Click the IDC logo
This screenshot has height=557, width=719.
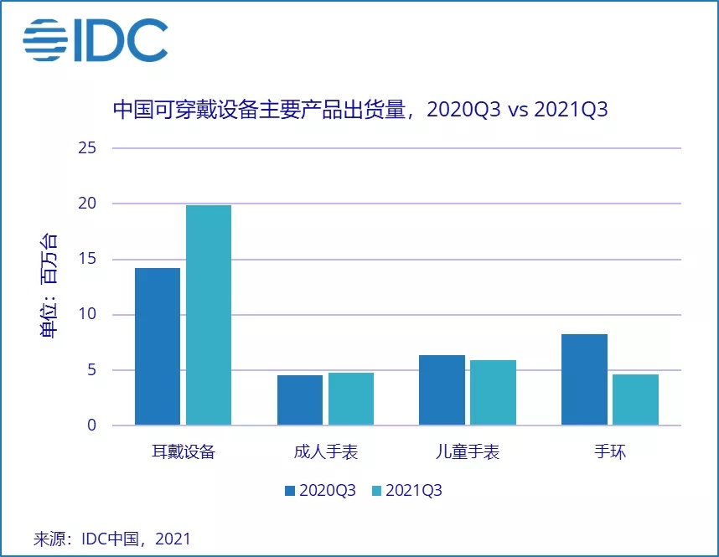(95, 39)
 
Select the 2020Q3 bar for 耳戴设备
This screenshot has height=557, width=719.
(158, 346)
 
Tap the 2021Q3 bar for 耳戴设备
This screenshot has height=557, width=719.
(209, 315)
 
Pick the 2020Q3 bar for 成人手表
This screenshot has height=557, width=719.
(300, 400)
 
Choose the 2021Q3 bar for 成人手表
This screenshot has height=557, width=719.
(351, 399)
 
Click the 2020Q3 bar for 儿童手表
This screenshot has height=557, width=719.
(442, 389)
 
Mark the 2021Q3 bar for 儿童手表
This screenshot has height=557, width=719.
(493, 392)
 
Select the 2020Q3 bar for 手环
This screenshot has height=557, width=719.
(585, 379)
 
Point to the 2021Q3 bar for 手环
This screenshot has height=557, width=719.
(635, 400)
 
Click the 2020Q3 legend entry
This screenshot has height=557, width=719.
(320, 491)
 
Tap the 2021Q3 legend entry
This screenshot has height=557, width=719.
(406, 491)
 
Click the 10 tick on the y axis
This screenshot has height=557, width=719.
(90, 315)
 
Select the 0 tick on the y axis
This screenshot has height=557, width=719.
(93, 425)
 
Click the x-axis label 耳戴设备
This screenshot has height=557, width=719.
(184, 452)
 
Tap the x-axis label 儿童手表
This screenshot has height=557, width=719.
(468, 452)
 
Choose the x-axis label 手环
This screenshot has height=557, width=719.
(610, 452)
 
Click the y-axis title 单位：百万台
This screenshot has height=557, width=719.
(49, 286)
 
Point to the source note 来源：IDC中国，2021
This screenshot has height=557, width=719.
(111, 538)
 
